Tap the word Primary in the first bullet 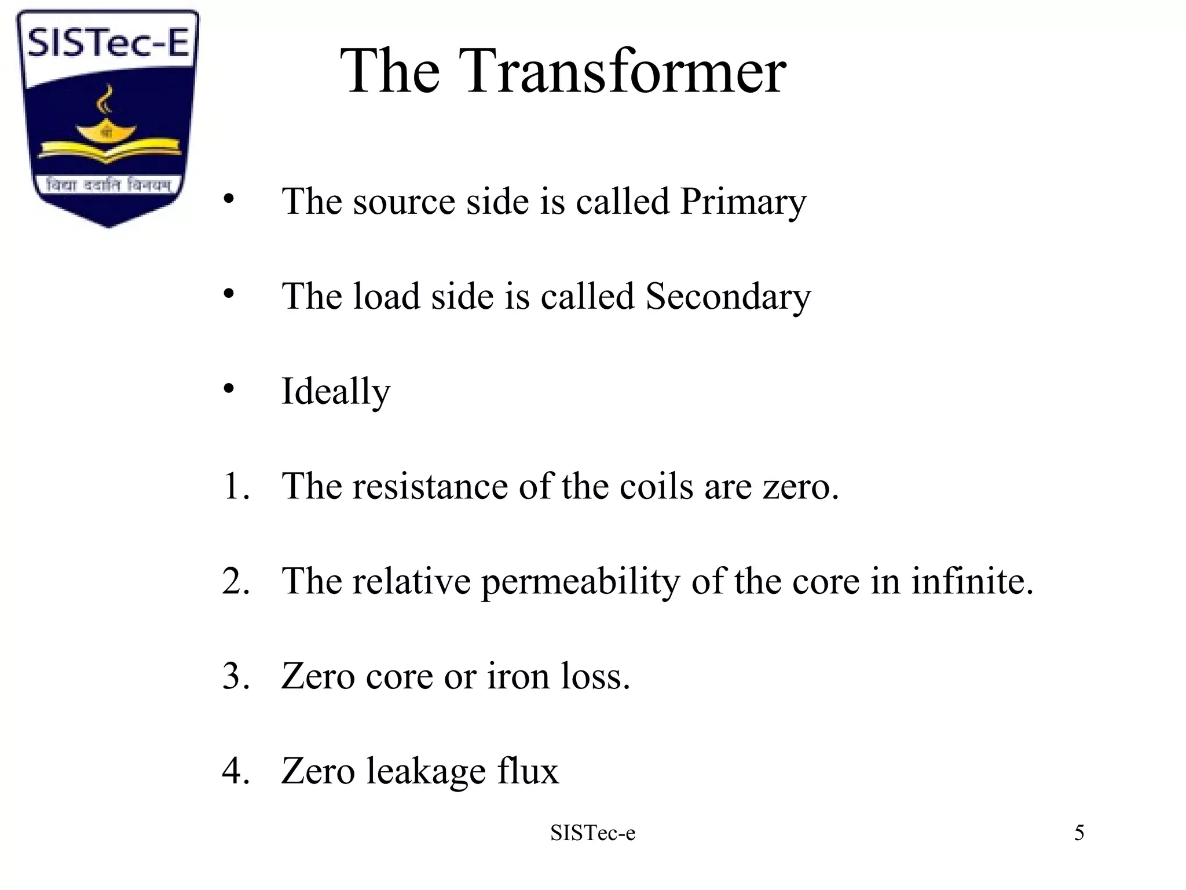(743, 202)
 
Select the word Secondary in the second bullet (728, 297)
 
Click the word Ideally (336, 392)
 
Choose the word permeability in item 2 (580, 581)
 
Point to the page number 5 (1079, 833)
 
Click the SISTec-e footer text (592, 833)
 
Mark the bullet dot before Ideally (229, 388)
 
